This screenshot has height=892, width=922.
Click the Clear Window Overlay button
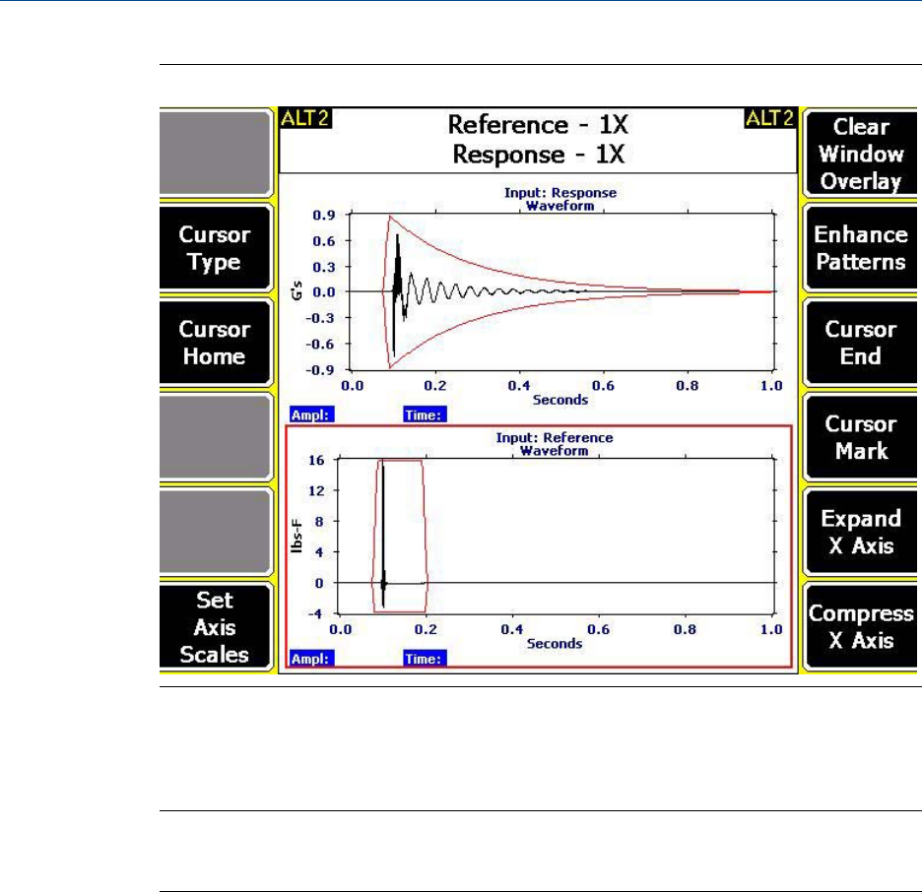pyautogui.click(x=861, y=154)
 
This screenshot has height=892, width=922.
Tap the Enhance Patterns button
pyautogui.click(x=861, y=248)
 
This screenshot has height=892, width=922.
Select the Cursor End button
pyautogui.click(x=861, y=343)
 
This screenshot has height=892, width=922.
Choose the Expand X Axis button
pyautogui.click(x=861, y=533)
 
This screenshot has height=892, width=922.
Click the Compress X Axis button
pyautogui.click(x=861, y=627)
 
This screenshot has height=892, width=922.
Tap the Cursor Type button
pyautogui.click(x=215, y=248)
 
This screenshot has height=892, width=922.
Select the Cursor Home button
pyautogui.click(x=215, y=343)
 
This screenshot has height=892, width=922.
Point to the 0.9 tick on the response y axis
pyautogui.click(x=324, y=215)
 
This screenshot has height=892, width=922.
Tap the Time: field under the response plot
pyautogui.click(x=425, y=415)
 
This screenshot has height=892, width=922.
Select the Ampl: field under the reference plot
pyautogui.click(x=310, y=657)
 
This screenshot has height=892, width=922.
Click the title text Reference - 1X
pyautogui.click(x=537, y=126)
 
